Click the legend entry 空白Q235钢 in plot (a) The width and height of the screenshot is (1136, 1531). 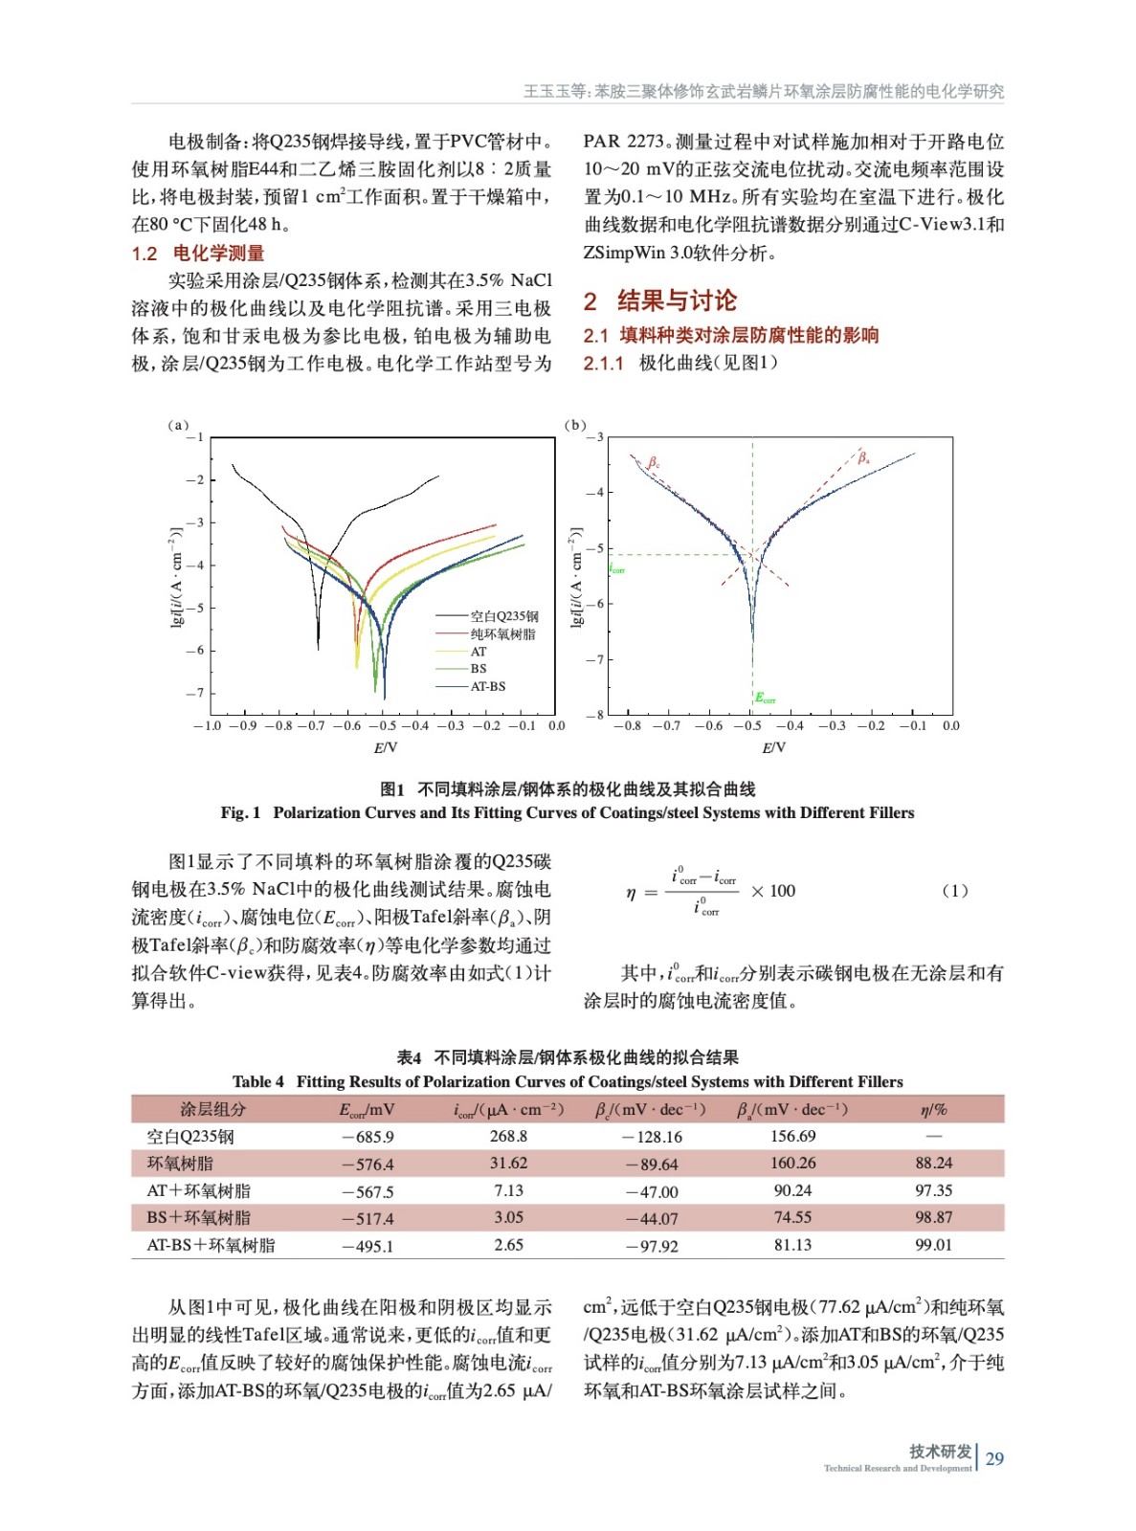[503, 616]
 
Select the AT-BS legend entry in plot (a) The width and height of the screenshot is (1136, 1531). [487, 686]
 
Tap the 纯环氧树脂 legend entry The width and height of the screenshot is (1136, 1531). [502, 633]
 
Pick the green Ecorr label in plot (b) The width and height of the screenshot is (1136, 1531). [765, 699]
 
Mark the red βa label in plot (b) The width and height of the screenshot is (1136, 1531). [863, 457]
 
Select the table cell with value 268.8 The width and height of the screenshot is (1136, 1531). [508, 1136]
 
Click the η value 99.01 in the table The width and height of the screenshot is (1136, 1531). [933, 1245]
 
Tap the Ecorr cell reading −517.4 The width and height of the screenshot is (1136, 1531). [368, 1218]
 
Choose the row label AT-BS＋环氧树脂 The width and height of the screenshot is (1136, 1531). [211, 1245]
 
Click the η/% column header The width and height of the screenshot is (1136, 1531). [933, 1109]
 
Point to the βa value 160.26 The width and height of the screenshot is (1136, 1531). [792, 1163]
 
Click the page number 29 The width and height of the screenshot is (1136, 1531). [994, 1458]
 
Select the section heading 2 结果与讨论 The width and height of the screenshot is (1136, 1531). [660, 300]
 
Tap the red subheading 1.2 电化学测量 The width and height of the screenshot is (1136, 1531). [198, 253]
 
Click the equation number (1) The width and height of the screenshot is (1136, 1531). [955, 891]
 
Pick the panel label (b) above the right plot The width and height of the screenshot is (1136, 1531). [575, 425]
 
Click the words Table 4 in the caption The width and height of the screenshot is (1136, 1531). [258, 1081]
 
